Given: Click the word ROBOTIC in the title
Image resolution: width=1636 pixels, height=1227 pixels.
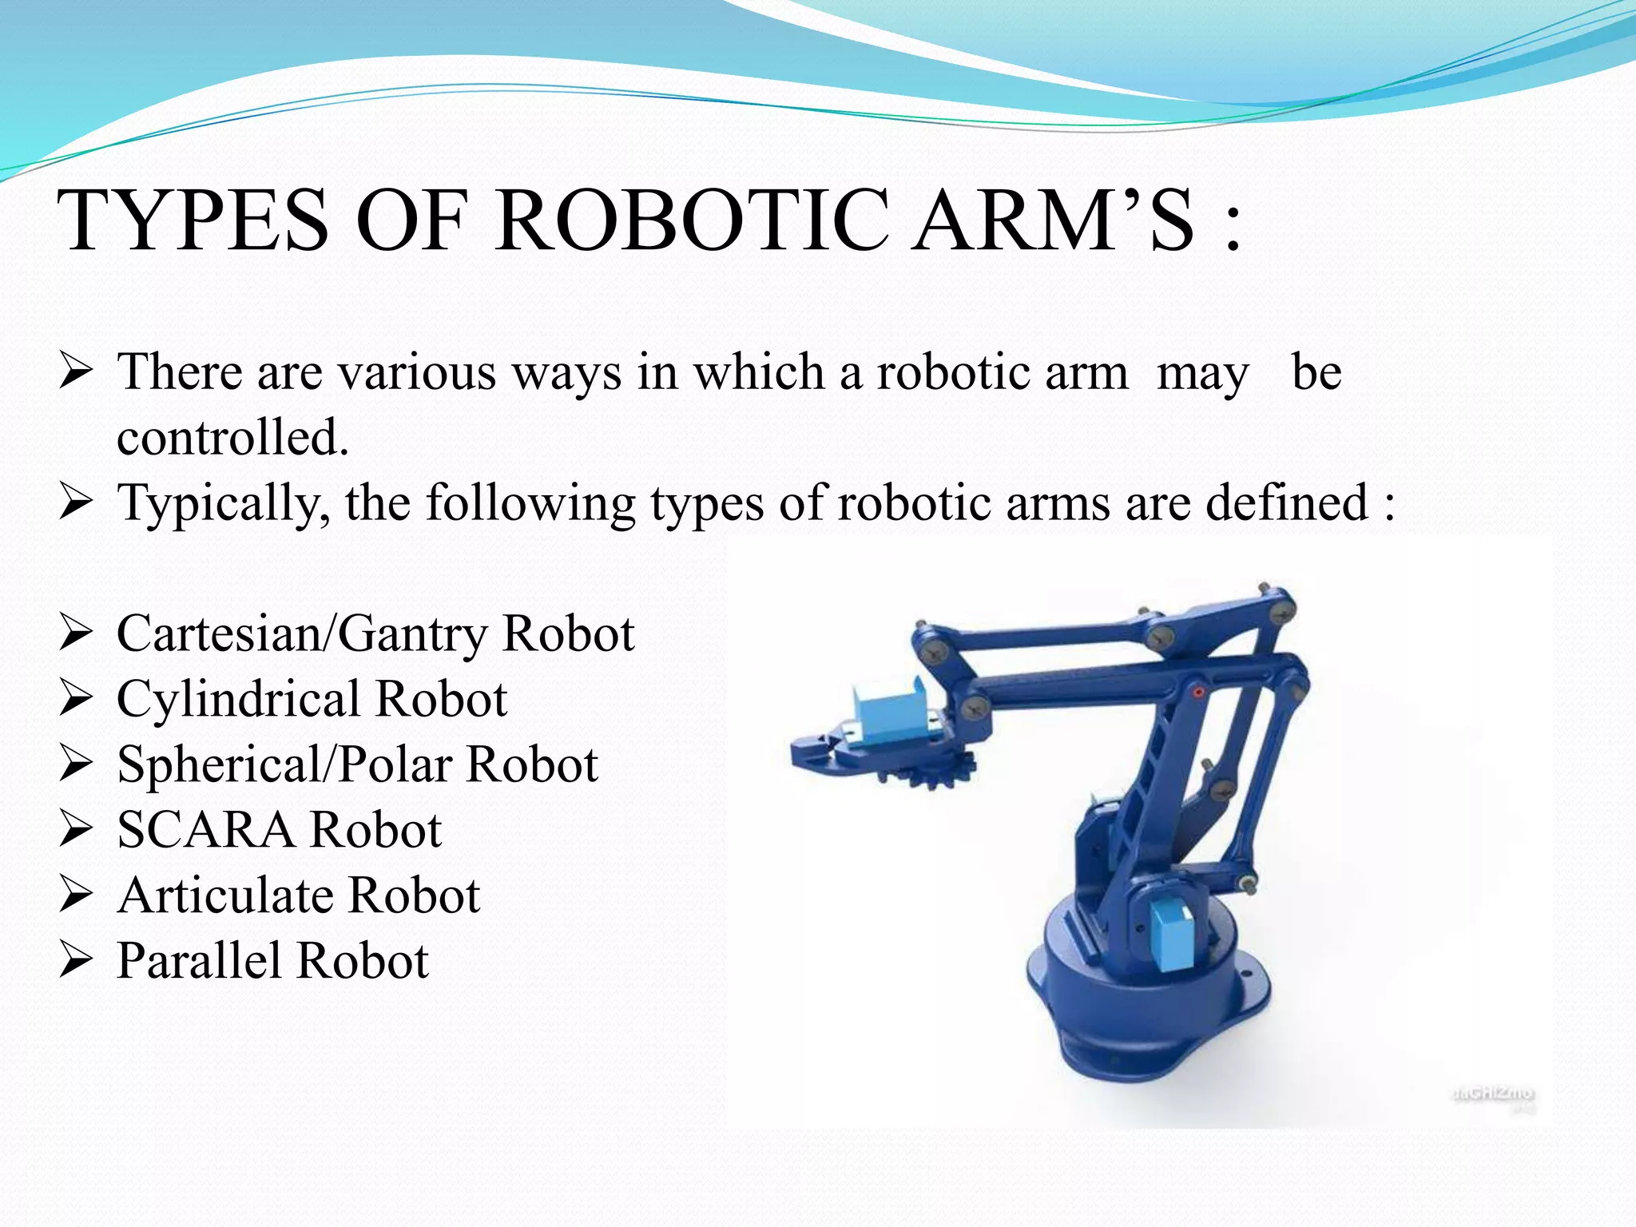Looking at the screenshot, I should coord(692,220).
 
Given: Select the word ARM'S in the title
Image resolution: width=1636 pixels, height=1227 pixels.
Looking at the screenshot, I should coord(1054,220).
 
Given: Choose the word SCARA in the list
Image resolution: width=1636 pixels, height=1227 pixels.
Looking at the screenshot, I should coord(205,830).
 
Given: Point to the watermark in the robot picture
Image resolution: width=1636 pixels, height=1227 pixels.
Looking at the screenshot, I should coord(1492,1094).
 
